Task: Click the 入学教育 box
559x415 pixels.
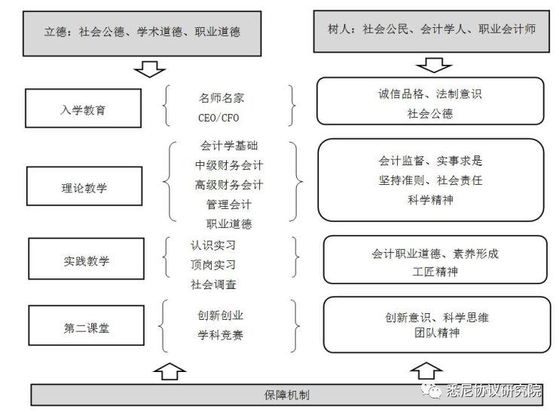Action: point(83,108)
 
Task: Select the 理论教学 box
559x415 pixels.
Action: point(84,186)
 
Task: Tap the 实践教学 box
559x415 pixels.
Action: point(87,259)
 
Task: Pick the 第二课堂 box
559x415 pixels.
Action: point(87,325)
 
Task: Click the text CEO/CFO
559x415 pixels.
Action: point(218,118)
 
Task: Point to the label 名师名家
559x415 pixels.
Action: point(221,98)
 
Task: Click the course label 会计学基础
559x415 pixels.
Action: point(229,146)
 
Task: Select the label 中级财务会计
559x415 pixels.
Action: point(229,165)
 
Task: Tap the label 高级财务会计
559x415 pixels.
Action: point(229,185)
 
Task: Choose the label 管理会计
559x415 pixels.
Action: point(229,204)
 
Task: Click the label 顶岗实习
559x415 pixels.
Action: point(213,265)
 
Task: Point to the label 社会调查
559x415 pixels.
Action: point(213,284)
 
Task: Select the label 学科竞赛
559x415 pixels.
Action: point(220,335)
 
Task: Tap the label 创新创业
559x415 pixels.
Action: point(220,315)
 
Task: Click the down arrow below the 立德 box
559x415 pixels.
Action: point(150,69)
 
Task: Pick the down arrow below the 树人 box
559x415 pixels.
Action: point(434,65)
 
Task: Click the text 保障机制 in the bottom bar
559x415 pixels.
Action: point(287,395)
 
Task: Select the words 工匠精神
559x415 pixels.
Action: point(435,272)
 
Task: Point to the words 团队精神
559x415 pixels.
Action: point(437,333)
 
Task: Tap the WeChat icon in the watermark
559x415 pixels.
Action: point(432,390)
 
